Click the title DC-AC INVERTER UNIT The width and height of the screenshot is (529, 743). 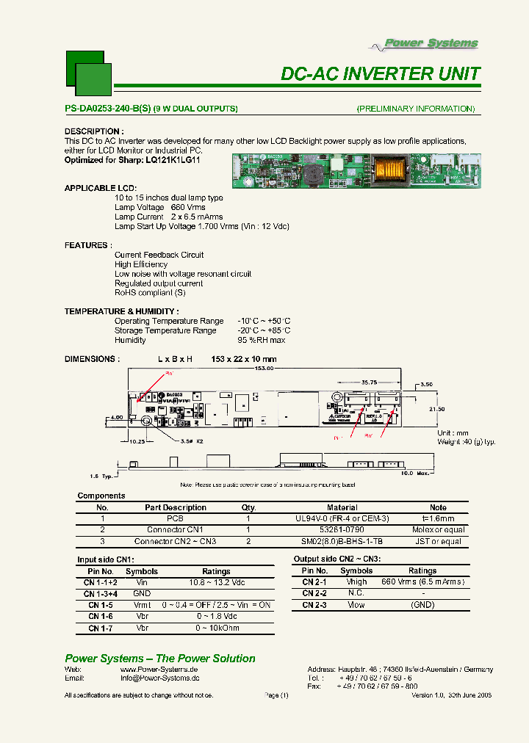[x=381, y=74]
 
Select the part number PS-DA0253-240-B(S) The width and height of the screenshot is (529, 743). [x=108, y=109]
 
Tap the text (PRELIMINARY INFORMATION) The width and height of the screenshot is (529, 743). [x=416, y=109]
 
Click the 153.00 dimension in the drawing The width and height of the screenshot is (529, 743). [x=264, y=369]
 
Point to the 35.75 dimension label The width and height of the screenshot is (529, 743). [x=369, y=383]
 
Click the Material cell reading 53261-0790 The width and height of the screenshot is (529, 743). [x=342, y=529]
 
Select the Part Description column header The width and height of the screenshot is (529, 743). [x=176, y=507]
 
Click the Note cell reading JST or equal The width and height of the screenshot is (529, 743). [x=438, y=541]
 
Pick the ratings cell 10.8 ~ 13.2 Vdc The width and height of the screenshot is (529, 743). [x=216, y=581]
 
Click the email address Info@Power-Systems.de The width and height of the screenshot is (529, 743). [x=159, y=679]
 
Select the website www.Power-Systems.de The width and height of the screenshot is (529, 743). [x=159, y=670]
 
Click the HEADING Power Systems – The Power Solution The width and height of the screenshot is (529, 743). [x=160, y=659]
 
